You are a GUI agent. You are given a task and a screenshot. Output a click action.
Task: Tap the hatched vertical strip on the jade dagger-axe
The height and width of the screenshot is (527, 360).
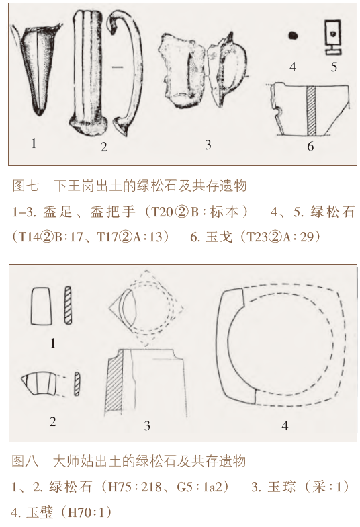(x=312, y=110)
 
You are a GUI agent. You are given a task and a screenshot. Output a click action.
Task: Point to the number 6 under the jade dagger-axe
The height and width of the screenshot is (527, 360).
(x=310, y=147)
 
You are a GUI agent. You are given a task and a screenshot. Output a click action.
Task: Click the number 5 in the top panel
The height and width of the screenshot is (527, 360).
(x=334, y=67)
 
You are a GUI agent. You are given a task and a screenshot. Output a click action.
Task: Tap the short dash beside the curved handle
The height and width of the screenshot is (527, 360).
(x=118, y=67)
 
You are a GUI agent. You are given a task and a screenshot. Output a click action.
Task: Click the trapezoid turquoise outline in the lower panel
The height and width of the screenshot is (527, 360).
(x=42, y=306)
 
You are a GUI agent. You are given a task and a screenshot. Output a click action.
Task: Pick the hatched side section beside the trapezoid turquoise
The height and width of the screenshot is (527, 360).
(x=68, y=305)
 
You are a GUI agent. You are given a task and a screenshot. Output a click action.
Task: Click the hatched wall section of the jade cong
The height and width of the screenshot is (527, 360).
(x=115, y=384)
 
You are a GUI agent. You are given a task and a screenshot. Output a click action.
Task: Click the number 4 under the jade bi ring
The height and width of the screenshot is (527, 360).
(x=285, y=426)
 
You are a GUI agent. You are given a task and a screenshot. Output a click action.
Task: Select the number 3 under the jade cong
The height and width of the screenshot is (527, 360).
(x=146, y=426)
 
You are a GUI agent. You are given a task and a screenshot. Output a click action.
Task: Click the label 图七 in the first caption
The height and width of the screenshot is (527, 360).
(x=26, y=186)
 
